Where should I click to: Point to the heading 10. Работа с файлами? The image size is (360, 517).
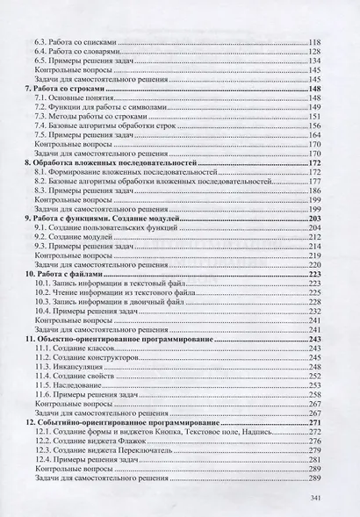tap(62, 274)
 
